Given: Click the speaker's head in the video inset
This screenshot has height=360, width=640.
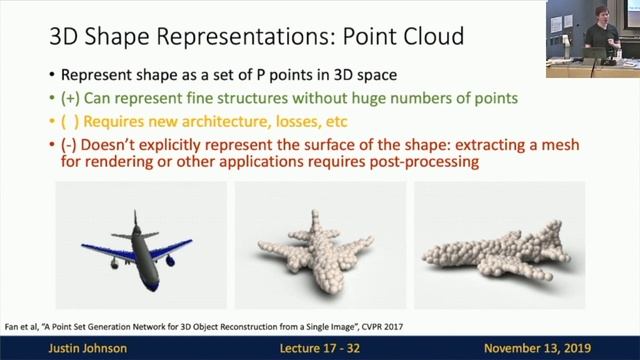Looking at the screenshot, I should (599, 14).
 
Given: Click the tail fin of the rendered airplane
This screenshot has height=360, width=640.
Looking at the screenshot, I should (132, 222).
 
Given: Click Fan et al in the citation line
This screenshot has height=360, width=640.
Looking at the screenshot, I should (22, 326).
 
